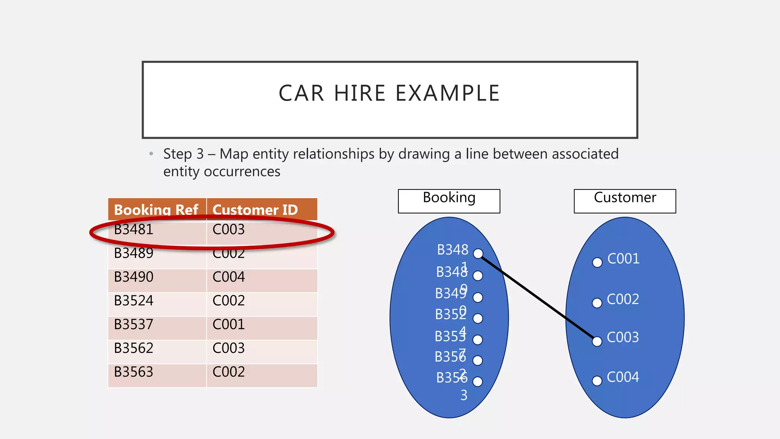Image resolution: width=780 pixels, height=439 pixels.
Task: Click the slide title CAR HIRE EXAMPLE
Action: tap(389, 93)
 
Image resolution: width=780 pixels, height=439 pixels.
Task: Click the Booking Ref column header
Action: tap(156, 210)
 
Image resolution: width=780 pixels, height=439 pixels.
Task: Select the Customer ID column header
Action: tap(255, 210)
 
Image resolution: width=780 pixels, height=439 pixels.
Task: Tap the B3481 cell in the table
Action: tap(134, 229)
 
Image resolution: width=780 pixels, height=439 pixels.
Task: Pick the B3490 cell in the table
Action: tap(134, 277)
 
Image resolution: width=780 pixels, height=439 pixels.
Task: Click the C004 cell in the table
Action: tap(229, 277)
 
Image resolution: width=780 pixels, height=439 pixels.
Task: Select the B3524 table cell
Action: tap(134, 301)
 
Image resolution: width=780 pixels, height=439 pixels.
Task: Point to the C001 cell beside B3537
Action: tap(229, 324)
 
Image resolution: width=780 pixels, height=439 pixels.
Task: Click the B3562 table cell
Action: tap(134, 348)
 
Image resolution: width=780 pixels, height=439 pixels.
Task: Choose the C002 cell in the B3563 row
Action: tap(229, 372)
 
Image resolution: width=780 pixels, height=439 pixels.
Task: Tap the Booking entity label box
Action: tap(449, 201)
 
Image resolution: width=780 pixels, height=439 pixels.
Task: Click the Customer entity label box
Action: tap(625, 201)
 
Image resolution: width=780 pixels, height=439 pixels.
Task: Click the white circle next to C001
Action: tap(597, 262)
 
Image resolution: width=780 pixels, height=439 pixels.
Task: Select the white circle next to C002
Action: tap(597, 303)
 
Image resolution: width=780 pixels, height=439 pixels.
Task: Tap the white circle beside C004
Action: tap(597, 381)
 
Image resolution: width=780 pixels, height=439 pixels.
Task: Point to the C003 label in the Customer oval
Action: tap(623, 337)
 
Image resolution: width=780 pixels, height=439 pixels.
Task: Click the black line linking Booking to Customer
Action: tap(537, 297)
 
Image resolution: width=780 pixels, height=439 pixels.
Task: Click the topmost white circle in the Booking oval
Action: tap(478, 253)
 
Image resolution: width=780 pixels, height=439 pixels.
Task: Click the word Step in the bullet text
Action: tap(177, 154)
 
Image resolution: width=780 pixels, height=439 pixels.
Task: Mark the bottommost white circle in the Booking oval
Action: tap(478, 381)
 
